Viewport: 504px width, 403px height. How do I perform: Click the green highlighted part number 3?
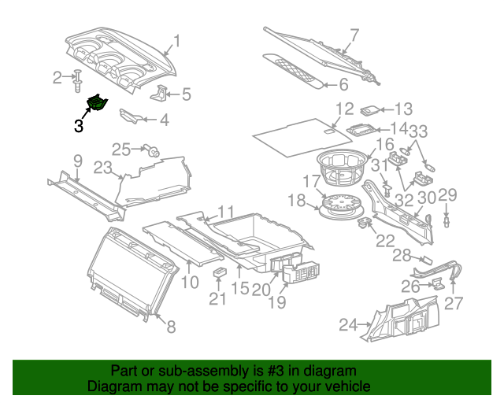click(98, 102)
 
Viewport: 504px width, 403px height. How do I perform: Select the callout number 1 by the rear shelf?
click(177, 41)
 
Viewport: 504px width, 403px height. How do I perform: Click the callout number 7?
click(354, 35)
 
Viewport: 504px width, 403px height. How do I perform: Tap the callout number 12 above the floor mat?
click(344, 109)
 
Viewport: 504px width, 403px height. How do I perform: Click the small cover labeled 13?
click(370, 110)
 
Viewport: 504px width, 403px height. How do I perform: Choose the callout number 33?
click(417, 131)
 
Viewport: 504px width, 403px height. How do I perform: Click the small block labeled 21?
click(220, 272)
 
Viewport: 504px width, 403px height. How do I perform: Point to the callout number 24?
click(347, 324)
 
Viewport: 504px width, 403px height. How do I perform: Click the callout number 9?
click(77, 161)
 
